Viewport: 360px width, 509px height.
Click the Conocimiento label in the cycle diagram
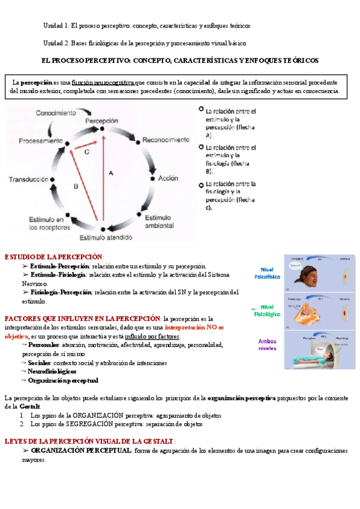click(x=56, y=112)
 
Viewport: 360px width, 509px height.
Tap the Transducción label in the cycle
click(x=28, y=179)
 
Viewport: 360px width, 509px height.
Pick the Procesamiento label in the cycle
click(x=41, y=140)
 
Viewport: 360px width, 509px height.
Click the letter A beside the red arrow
click(x=110, y=172)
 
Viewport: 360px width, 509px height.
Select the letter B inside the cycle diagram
click(x=76, y=187)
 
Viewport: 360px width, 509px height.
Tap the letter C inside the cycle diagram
click(x=86, y=152)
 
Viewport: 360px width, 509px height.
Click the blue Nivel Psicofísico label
click(x=267, y=273)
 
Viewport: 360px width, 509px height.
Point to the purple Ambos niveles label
click(x=267, y=345)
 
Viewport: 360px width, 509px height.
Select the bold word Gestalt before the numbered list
click(x=30, y=406)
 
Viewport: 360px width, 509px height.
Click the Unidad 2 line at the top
click(x=144, y=43)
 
